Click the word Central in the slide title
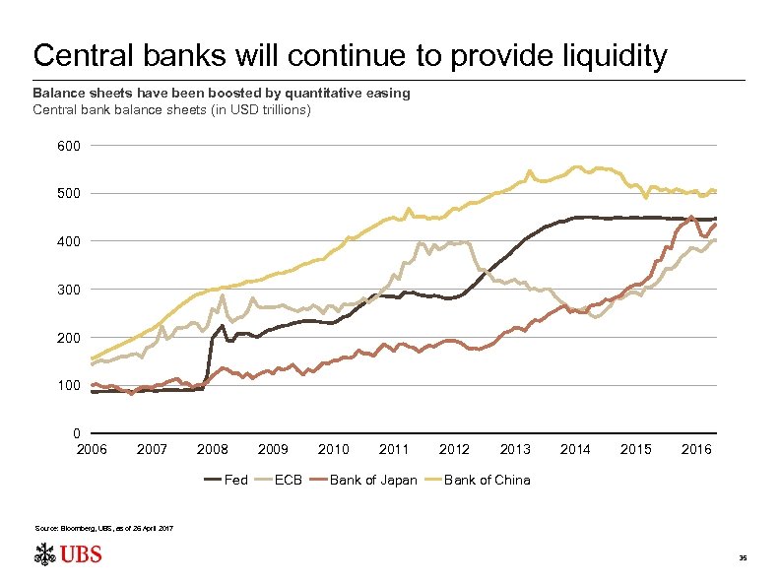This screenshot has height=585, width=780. pos(76,56)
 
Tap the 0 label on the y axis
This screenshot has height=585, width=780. pos(77,433)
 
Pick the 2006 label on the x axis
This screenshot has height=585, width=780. pos(92,449)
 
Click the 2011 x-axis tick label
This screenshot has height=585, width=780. pos(394,449)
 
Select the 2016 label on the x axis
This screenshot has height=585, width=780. pos(696,449)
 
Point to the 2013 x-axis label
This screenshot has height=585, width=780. pos(515,449)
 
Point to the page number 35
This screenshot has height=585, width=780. pos(744,557)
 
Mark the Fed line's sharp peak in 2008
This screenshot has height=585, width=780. pos(223,325)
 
